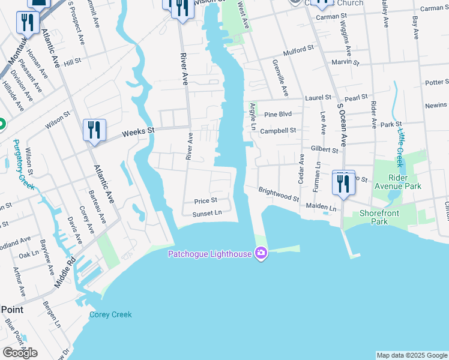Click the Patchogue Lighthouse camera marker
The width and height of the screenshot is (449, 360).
point(261,254)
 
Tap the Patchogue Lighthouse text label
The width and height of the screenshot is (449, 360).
point(209,254)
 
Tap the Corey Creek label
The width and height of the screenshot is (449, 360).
point(110,314)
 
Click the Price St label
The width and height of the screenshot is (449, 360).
point(205,200)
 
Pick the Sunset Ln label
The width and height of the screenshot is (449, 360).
point(207,213)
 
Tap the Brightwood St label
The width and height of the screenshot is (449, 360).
point(279,194)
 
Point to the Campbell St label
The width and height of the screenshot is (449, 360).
point(278,130)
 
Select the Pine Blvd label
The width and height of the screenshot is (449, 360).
point(277,113)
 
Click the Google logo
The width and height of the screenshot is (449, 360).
point(20,353)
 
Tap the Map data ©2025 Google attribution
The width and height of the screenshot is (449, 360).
point(412,355)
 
